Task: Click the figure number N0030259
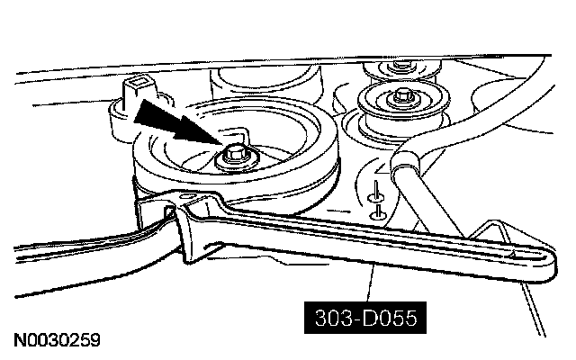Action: [57, 341]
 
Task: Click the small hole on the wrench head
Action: [187, 197]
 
